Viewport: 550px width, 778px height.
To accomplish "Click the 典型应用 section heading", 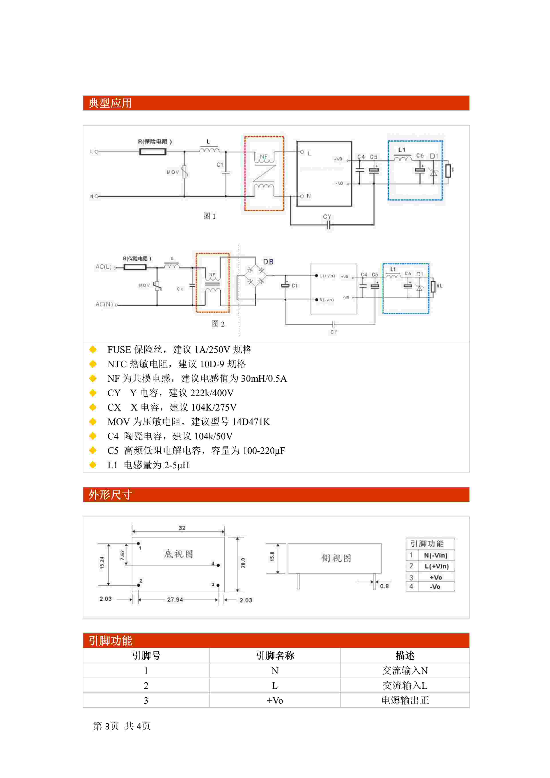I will click(110, 103).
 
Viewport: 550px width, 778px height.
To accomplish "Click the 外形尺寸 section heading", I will click(110, 495).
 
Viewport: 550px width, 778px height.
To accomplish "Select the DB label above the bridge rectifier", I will click(268, 262).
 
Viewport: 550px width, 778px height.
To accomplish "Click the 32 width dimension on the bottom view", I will click(182, 528).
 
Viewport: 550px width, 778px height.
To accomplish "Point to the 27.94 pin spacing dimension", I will click(175, 599).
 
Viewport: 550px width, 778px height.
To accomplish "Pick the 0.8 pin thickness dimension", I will click(384, 586).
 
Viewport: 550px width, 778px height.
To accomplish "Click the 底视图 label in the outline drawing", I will click(178, 554).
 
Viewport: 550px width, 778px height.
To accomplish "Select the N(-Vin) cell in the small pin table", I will click(436, 555).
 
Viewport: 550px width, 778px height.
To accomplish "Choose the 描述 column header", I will click(405, 656).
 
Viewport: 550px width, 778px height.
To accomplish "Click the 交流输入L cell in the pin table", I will click(405, 685).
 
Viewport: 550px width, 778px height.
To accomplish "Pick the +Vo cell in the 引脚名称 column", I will click(275, 701).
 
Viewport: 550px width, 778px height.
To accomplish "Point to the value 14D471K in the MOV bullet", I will click(251, 422).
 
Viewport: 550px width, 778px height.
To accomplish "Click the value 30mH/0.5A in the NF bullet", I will click(264, 379).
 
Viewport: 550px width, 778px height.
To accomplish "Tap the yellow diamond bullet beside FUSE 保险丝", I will click(93, 349).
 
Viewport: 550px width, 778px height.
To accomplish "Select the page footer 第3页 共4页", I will click(122, 726).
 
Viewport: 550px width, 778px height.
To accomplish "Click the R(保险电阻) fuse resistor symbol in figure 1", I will click(153, 152).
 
